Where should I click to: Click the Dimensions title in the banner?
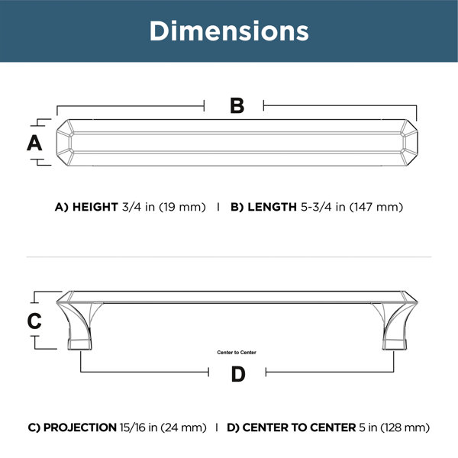(229, 31)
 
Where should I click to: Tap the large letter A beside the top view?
(34, 143)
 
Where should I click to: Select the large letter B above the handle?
(237, 105)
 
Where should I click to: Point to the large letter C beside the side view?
(34, 321)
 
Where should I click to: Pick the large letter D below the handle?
(238, 374)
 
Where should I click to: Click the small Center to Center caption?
(237, 352)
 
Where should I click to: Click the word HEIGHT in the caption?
(95, 207)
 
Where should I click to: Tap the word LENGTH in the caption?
(272, 207)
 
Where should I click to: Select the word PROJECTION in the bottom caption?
(80, 427)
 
